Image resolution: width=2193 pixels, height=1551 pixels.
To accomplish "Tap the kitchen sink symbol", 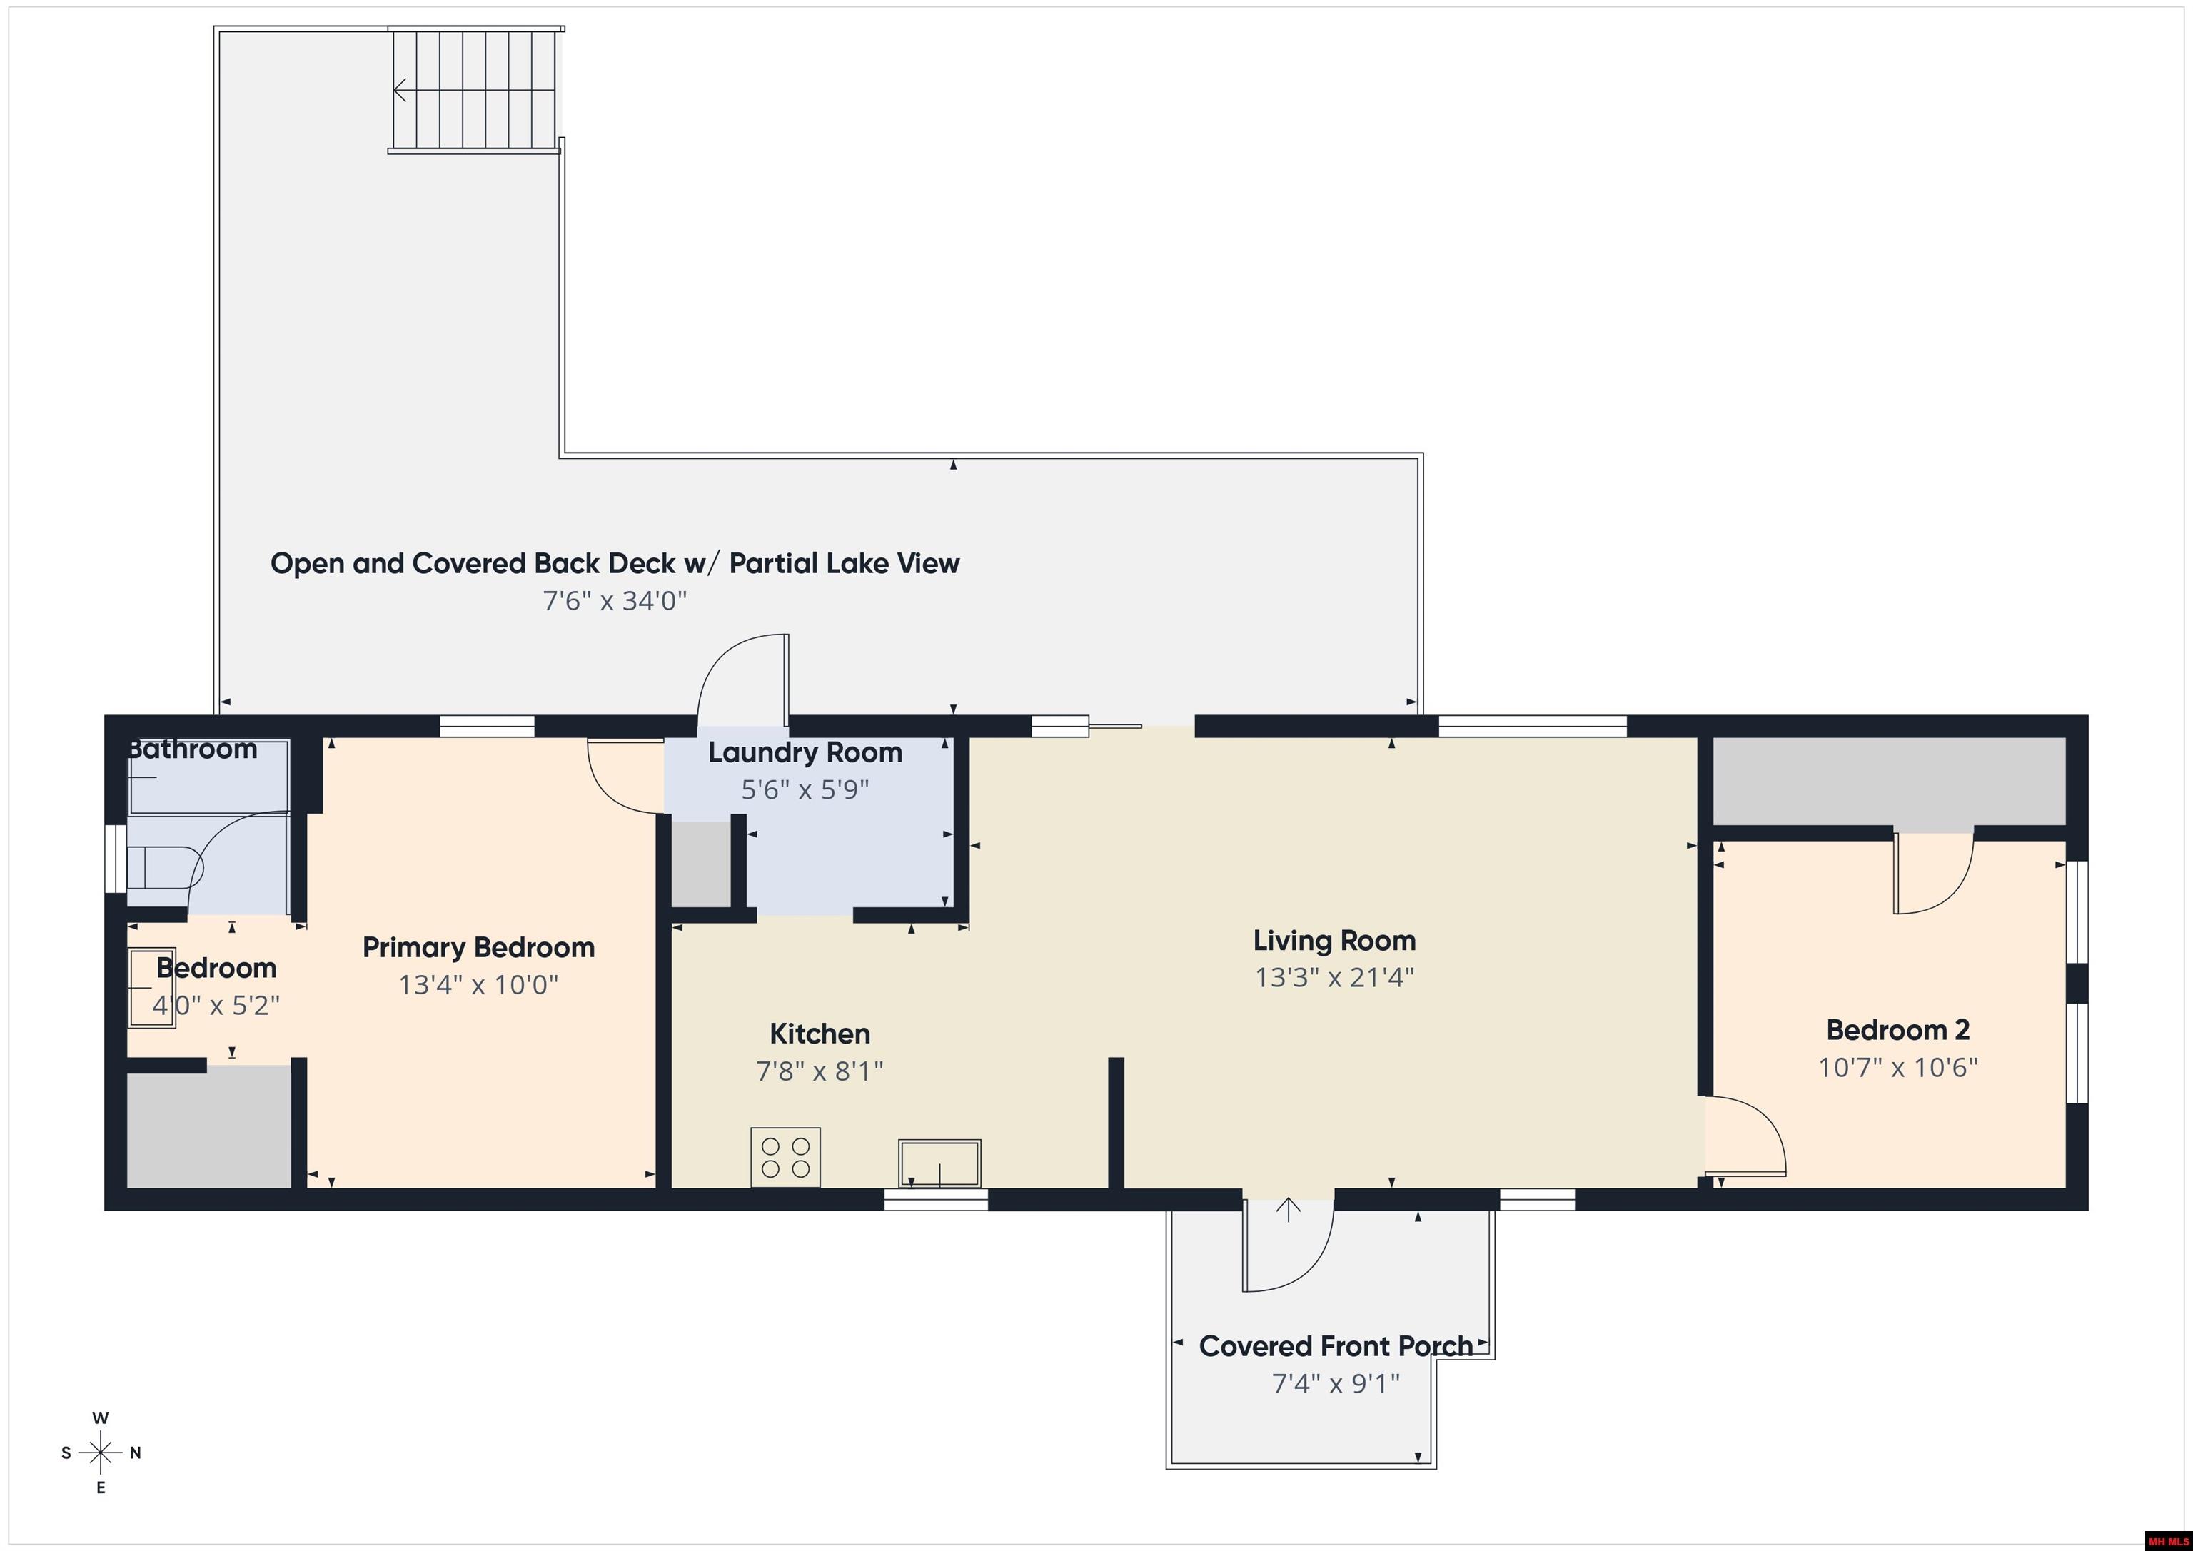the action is point(939,1163).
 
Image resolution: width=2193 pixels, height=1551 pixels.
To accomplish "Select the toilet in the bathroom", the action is point(163,868).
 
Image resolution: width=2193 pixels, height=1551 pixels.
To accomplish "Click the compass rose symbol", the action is point(100,1453).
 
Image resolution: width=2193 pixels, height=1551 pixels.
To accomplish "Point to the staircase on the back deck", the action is point(475,91).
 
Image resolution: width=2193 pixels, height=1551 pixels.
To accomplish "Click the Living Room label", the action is point(1334,941).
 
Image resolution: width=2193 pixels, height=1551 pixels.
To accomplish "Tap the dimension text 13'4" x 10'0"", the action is point(478,985).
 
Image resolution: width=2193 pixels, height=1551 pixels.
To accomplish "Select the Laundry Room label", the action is point(805,752).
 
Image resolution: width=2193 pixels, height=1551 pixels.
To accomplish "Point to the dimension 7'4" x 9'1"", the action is point(1335,1383).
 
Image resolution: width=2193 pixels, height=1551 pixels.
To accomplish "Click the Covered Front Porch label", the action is point(1335,1347).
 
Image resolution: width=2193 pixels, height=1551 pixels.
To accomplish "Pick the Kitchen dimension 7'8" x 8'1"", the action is point(820,1071).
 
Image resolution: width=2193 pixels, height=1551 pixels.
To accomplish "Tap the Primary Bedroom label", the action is point(478,947).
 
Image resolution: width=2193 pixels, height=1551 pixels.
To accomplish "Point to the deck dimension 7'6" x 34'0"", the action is point(615,601).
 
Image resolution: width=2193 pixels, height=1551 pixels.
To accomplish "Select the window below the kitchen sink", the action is point(936,1200).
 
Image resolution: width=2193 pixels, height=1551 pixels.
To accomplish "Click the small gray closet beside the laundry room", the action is point(701,864).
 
